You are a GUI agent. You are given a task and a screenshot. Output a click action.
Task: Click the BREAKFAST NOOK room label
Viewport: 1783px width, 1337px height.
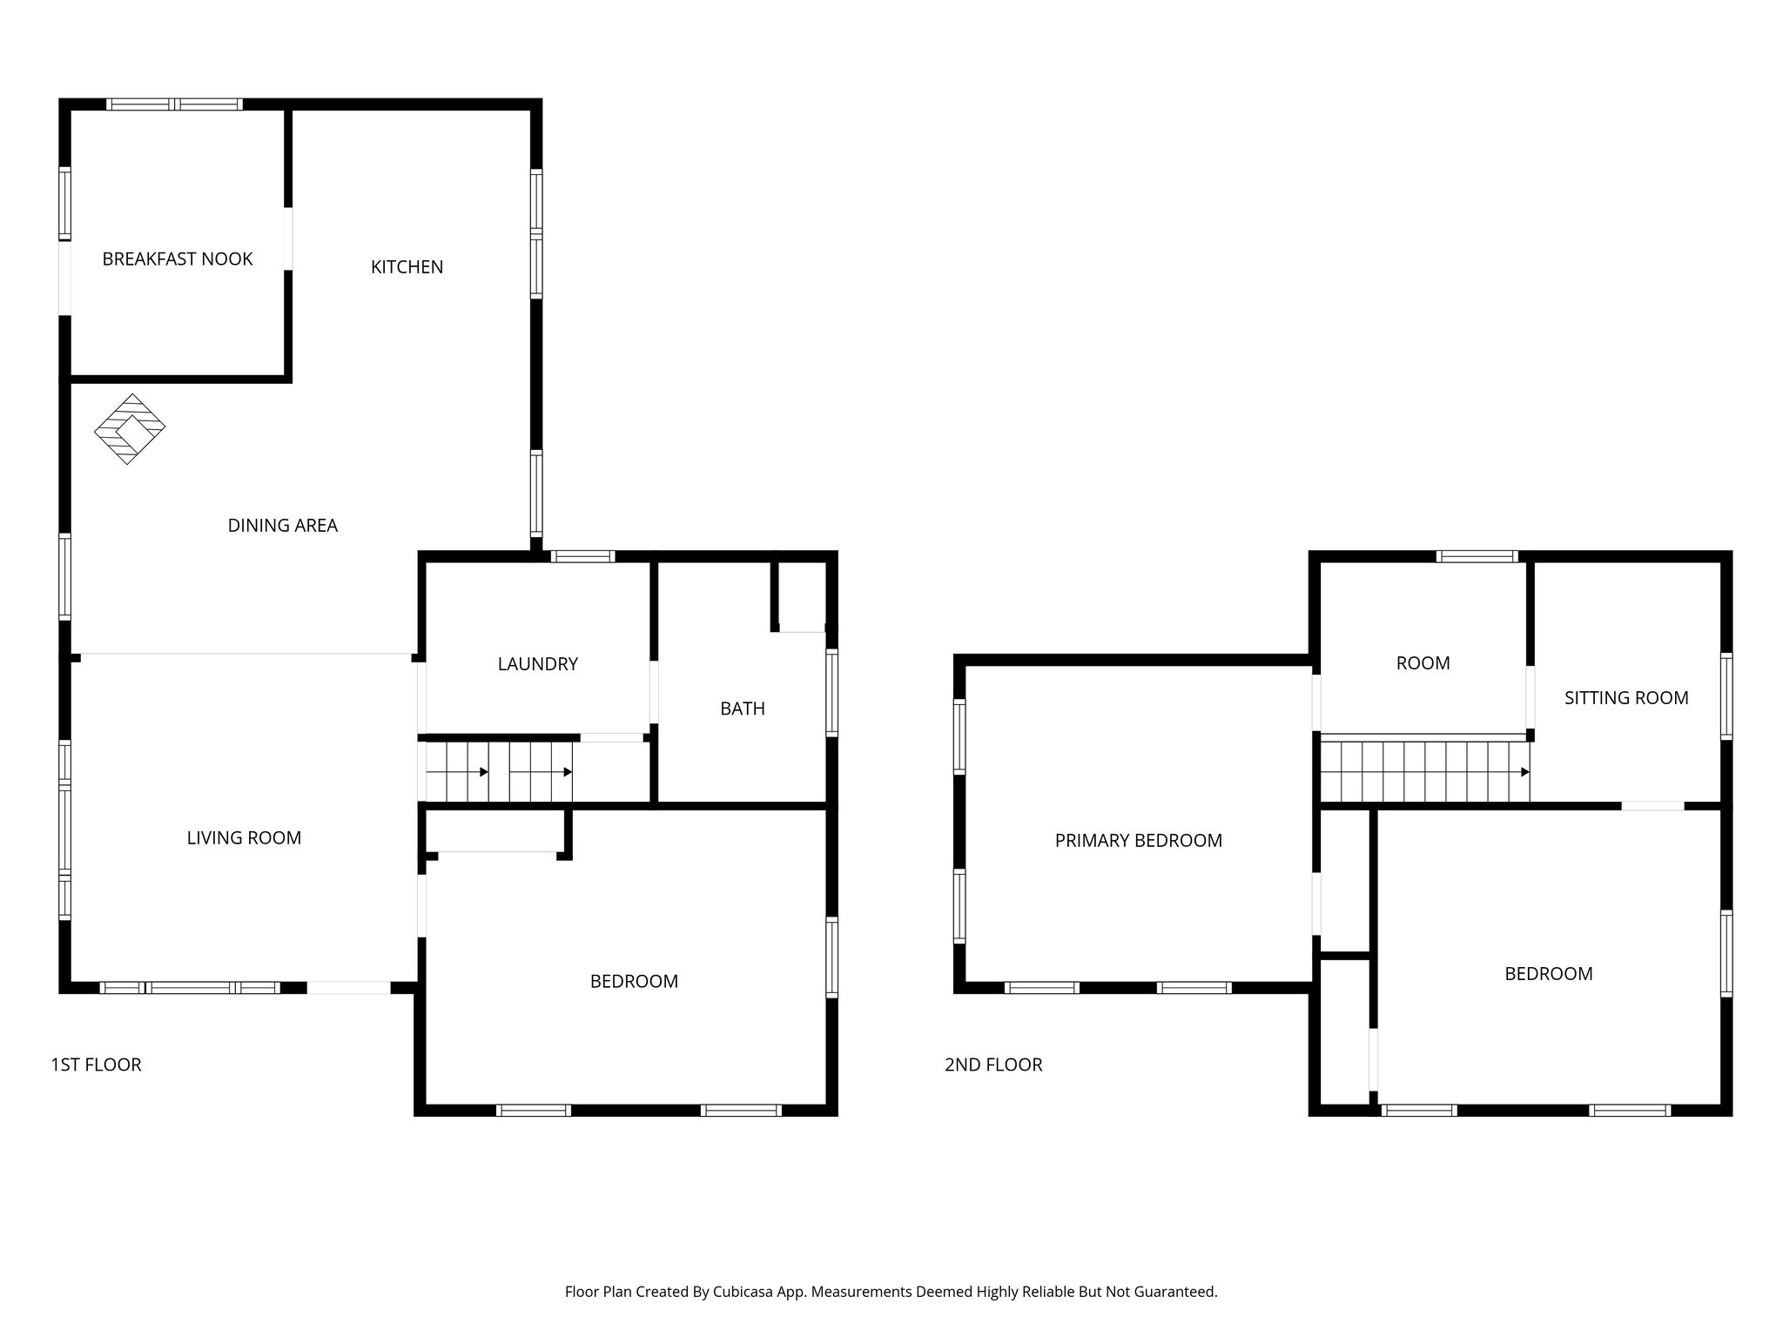click(x=178, y=259)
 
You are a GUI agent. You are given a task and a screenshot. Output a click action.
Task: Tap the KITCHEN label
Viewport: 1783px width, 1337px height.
click(x=407, y=267)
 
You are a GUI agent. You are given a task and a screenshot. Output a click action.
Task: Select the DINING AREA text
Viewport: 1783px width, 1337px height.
click(x=282, y=526)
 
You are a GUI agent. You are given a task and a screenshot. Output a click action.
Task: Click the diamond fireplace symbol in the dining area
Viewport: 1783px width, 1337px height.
click(x=130, y=429)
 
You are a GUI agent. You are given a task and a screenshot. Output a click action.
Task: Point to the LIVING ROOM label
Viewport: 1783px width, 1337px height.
click(x=244, y=838)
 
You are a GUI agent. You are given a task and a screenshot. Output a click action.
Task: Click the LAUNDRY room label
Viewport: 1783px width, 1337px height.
click(x=537, y=664)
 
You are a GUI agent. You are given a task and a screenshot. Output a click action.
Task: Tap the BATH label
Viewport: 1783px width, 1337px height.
click(x=742, y=709)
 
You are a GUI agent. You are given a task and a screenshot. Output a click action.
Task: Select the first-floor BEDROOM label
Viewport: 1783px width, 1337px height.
click(x=634, y=982)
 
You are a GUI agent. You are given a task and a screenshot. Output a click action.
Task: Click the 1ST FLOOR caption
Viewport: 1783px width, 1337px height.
click(x=96, y=1065)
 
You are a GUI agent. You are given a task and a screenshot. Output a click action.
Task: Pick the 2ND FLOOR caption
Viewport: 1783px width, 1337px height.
click(x=993, y=1065)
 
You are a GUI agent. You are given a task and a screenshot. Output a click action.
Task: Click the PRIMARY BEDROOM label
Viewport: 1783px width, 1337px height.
click(x=1138, y=841)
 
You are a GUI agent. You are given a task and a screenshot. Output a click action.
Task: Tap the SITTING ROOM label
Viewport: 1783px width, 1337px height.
click(x=1625, y=698)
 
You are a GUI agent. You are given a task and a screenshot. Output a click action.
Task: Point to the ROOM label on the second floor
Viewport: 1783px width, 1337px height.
click(x=1423, y=663)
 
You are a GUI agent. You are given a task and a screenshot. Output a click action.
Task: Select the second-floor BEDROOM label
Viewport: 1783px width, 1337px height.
click(x=1548, y=974)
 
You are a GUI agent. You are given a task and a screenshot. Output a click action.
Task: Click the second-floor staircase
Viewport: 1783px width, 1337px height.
click(x=1424, y=771)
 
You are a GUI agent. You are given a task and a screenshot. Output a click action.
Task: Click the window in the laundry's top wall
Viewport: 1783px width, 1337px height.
click(x=582, y=556)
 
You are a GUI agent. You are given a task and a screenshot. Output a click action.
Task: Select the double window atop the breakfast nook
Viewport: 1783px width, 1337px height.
click(x=174, y=104)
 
